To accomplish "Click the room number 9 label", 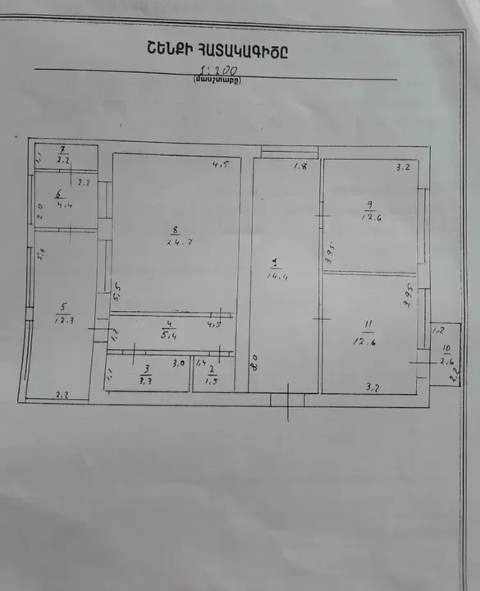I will tap(370, 205).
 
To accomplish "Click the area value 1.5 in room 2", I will tap(212, 381).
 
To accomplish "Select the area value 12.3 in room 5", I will tap(61, 319).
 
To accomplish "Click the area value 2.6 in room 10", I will tap(448, 360).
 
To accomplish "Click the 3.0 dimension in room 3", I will tap(176, 361).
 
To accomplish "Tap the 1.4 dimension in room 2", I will tap(201, 361).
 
